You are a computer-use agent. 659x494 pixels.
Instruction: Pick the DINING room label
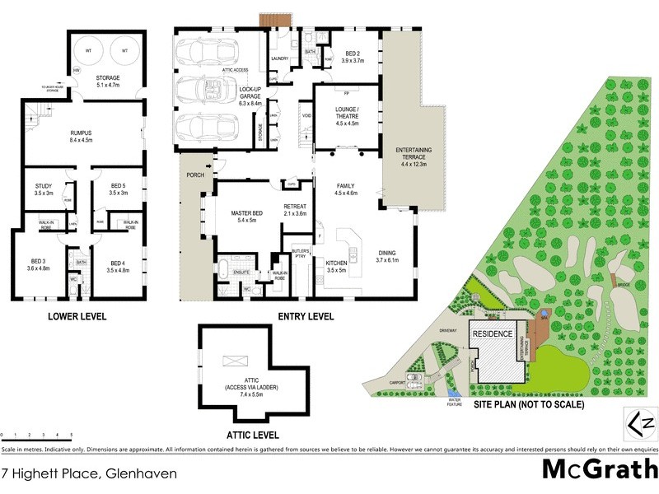(x=386, y=256)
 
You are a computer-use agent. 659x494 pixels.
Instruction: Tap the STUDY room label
(x=44, y=190)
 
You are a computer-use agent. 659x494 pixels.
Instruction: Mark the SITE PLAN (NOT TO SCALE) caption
(x=530, y=405)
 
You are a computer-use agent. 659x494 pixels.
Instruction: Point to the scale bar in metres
(x=36, y=433)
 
